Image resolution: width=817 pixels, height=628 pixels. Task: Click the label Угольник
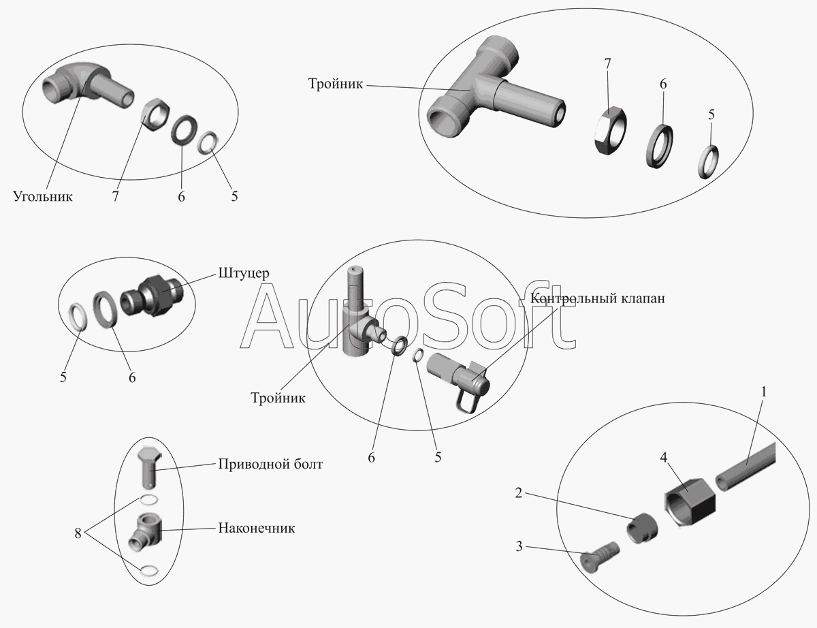pyautogui.click(x=42, y=197)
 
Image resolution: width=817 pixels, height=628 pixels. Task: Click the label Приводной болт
pyautogui.click(x=270, y=465)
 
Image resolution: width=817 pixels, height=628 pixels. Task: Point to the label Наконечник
pyautogui.click(x=256, y=528)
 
